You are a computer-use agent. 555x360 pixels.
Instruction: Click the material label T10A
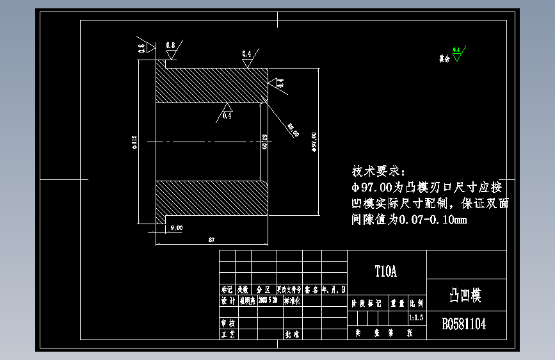pyautogui.click(x=385, y=272)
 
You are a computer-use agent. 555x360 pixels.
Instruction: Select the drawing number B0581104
pyautogui.click(x=464, y=324)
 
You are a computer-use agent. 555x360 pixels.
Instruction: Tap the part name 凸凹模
pyautogui.click(x=465, y=295)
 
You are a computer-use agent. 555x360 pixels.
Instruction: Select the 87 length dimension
pyautogui.click(x=211, y=240)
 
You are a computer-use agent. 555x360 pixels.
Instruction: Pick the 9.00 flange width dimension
pyautogui.click(x=176, y=228)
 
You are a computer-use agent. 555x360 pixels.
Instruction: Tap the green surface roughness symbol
pyautogui.click(x=456, y=55)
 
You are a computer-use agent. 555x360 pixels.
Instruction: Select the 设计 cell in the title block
pyautogui.click(x=227, y=301)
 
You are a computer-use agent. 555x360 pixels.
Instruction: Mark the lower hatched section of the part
pyautogui.click(x=211, y=198)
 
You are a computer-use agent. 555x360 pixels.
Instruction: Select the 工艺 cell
pyautogui.click(x=227, y=334)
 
